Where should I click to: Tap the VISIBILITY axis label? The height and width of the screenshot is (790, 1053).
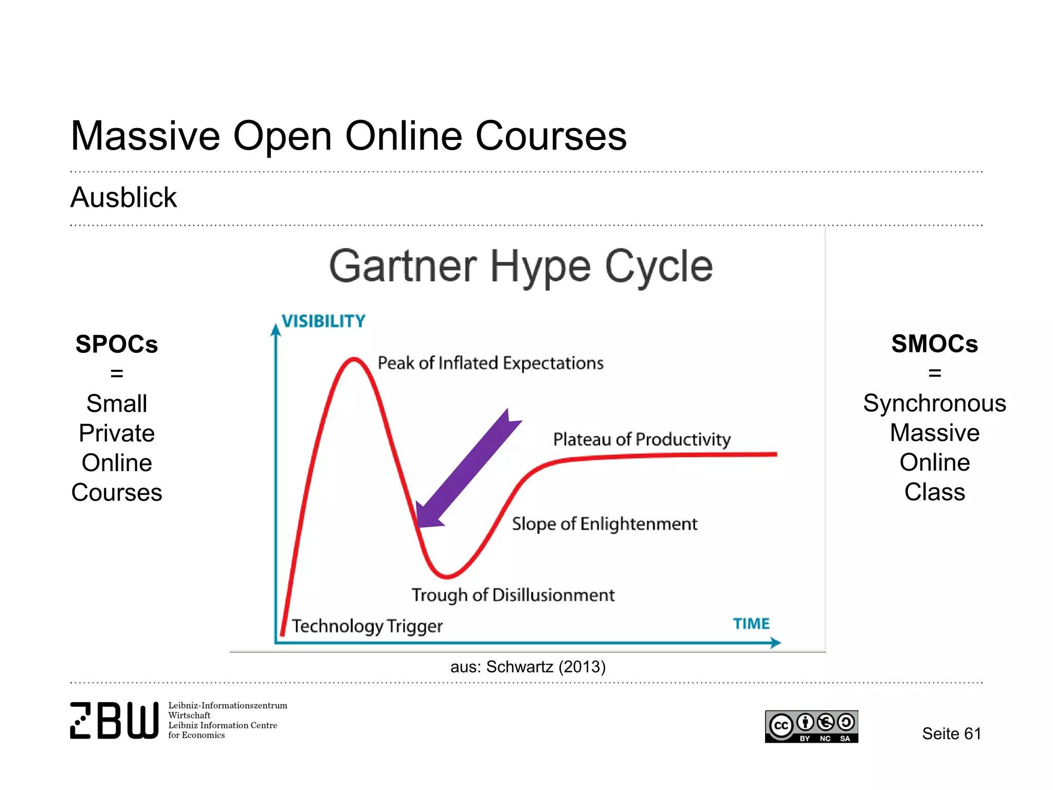(323, 321)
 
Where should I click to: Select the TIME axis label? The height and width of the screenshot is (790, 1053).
(751, 624)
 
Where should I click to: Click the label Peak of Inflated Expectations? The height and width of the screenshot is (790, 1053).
(491, 363)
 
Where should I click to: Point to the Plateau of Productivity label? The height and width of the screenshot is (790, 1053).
(642, 439)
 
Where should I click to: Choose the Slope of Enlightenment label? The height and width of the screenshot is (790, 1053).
(605, 524)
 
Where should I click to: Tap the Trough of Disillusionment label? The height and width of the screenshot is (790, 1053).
(513, 595)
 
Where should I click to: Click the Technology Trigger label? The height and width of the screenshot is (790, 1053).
(367, 626)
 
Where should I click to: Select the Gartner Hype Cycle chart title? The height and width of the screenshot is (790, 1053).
(521, 266)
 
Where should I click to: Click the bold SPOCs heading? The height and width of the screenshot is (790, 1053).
(117, 344)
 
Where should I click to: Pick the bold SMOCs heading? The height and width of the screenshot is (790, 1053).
(934, 344)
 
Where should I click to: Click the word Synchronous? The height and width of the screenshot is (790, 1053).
(934, 403)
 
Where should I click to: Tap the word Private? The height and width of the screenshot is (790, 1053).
(117, 433)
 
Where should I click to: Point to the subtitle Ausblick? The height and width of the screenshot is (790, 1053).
(123, 197)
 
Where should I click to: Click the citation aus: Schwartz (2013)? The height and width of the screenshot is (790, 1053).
(528, 667)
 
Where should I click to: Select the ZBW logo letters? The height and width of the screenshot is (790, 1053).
(114, 720)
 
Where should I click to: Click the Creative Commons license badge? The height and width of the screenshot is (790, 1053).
(811, 727)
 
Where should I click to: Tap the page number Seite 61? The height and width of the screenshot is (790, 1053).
(951, 734)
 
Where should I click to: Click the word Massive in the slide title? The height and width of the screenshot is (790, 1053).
(146, 136)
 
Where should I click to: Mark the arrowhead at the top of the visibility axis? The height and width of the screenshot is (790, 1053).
(276, 329)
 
